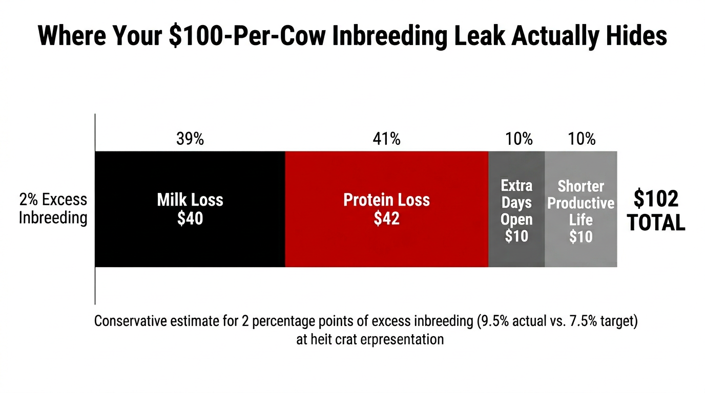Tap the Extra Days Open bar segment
pos(516,256)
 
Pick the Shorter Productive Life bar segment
pos(581,256)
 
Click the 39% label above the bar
pos(190,139)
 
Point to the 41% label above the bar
pos(387,139)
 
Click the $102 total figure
pos(656,199)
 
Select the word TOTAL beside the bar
pos(656,223)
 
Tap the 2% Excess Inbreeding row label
pos(53,208)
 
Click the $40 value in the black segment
pos(190,219)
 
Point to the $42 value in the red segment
pos(386,219)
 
